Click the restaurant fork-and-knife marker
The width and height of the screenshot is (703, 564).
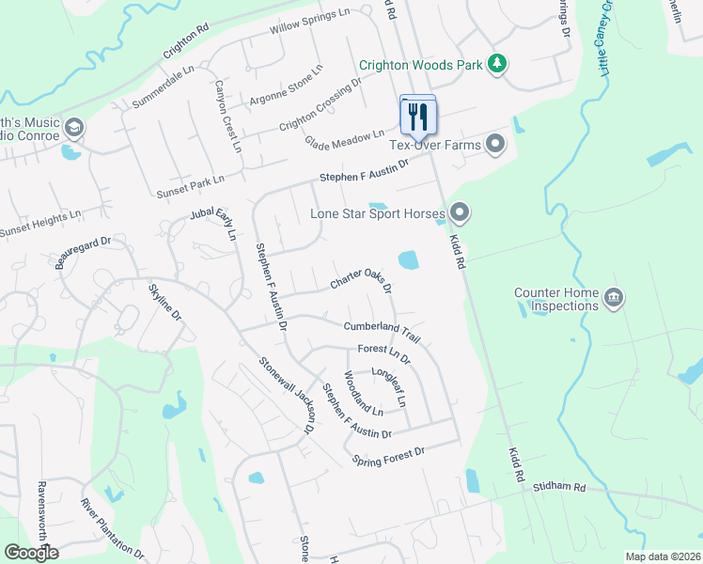(417, 116)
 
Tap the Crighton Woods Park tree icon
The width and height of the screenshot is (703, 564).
(497, 65)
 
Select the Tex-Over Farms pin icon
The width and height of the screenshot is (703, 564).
(496, 145)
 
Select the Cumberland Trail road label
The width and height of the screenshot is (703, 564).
(382, 330)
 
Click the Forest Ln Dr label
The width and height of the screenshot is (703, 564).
(384, 353)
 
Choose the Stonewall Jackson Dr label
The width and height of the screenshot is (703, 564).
(287, 395)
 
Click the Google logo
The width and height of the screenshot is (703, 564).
(32, 553)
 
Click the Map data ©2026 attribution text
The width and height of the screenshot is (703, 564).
(662, 556)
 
